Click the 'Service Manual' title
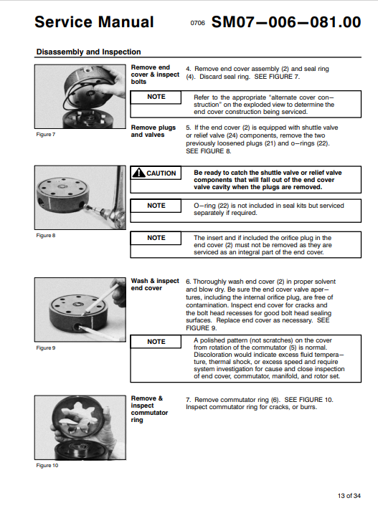(94, 22)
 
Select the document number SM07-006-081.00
(286, 22)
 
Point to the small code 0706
(197, 23)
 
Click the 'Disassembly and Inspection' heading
(88, 52)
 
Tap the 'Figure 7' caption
(45, 135)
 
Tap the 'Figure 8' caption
(45, 236)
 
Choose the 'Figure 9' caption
(45, 347)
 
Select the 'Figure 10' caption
(47, 465)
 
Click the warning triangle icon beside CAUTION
(139, 173)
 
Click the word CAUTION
(161, 173)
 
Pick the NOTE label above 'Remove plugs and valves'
(156, 97)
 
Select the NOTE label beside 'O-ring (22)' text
(156, 206)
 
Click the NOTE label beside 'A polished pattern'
(156, 342)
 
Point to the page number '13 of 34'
(349, 496)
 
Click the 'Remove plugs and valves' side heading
(153, 131)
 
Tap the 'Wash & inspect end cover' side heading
(155, 284)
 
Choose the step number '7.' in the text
(189, 400)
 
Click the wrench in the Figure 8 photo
(117, 200)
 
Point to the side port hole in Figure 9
(77, 327)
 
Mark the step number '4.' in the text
(189, 69)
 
